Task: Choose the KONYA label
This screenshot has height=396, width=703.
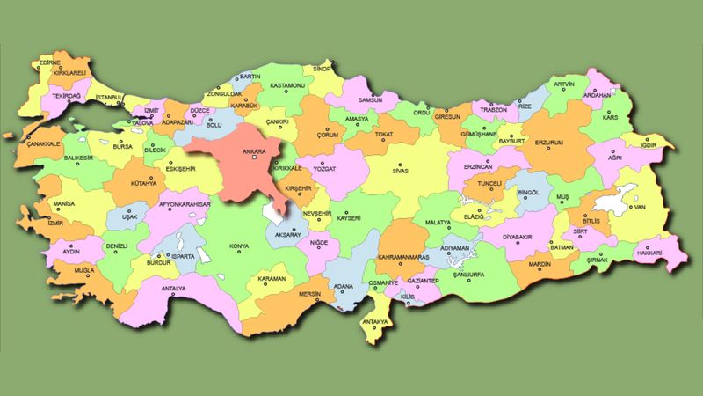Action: click(x=237, y=247)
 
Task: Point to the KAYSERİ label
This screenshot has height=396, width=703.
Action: click(x=350, y=216)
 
